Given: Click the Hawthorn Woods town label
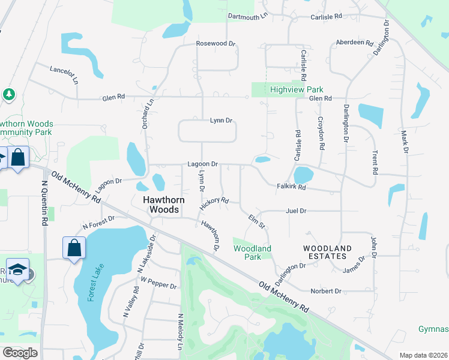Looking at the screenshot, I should tap(160, 205).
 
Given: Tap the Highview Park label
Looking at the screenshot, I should tap(297, 89).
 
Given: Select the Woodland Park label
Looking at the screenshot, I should tap(252, 253).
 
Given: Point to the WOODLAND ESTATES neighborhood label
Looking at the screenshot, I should tap(327, 252).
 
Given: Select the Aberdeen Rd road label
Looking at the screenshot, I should tap(355, 43).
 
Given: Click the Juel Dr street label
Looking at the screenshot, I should tap(297, 211).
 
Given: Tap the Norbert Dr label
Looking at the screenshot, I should tap(326, 291).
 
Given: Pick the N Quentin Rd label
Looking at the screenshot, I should tap(44, 204).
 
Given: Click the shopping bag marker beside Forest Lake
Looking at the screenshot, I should tap(74, 247).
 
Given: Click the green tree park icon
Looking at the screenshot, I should tap(8, 94).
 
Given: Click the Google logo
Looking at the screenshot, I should tap(20, 353).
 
